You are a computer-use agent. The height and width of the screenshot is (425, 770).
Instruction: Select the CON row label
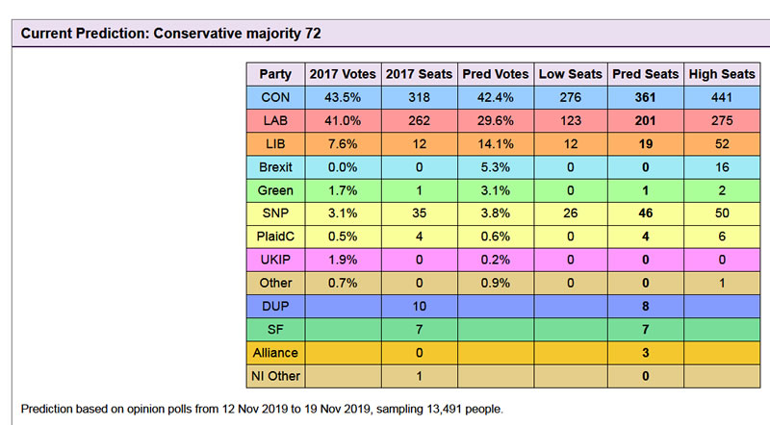(274, 98)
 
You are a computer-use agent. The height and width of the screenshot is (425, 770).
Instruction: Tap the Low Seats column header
(570, 74)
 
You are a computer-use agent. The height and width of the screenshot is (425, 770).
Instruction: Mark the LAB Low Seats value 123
(570, 121)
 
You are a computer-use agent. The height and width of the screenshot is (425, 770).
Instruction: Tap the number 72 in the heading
(312, 34)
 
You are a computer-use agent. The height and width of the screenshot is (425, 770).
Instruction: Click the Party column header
(274, 74)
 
